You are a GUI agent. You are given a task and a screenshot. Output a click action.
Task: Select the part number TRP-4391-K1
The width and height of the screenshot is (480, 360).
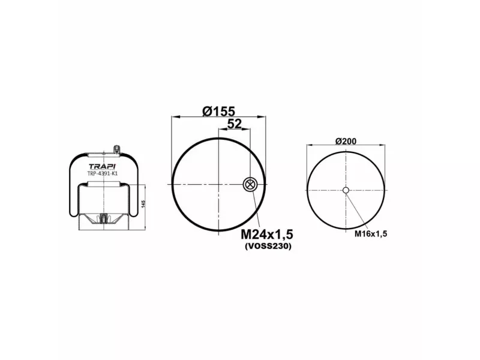[x=103, y=174]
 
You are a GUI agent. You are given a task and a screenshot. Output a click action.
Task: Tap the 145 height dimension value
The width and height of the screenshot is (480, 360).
[x=143, y=204]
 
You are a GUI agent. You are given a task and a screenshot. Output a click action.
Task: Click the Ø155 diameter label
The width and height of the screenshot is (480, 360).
[x=218, y=111]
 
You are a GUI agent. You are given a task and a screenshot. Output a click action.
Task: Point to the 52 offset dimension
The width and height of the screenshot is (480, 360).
[x=234, y=124]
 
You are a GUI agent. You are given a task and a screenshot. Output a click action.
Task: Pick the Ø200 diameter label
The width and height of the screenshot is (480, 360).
[x=346, y=141]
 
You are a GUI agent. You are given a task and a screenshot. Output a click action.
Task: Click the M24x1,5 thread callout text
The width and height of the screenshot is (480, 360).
[x=270, y=233]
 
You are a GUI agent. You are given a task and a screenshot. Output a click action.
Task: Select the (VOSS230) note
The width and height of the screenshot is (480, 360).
[x=268, y=246]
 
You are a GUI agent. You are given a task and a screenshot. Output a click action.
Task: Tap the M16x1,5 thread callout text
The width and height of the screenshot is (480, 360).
[x=370, y=233]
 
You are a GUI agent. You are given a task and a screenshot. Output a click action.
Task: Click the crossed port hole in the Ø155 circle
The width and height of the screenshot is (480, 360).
[x=250, y=185]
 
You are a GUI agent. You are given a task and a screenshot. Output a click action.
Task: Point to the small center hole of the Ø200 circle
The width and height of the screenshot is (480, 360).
[x=346, y=191]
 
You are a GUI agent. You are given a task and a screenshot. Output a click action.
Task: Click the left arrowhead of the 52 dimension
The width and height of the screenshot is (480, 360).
[x=221, y=130]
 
